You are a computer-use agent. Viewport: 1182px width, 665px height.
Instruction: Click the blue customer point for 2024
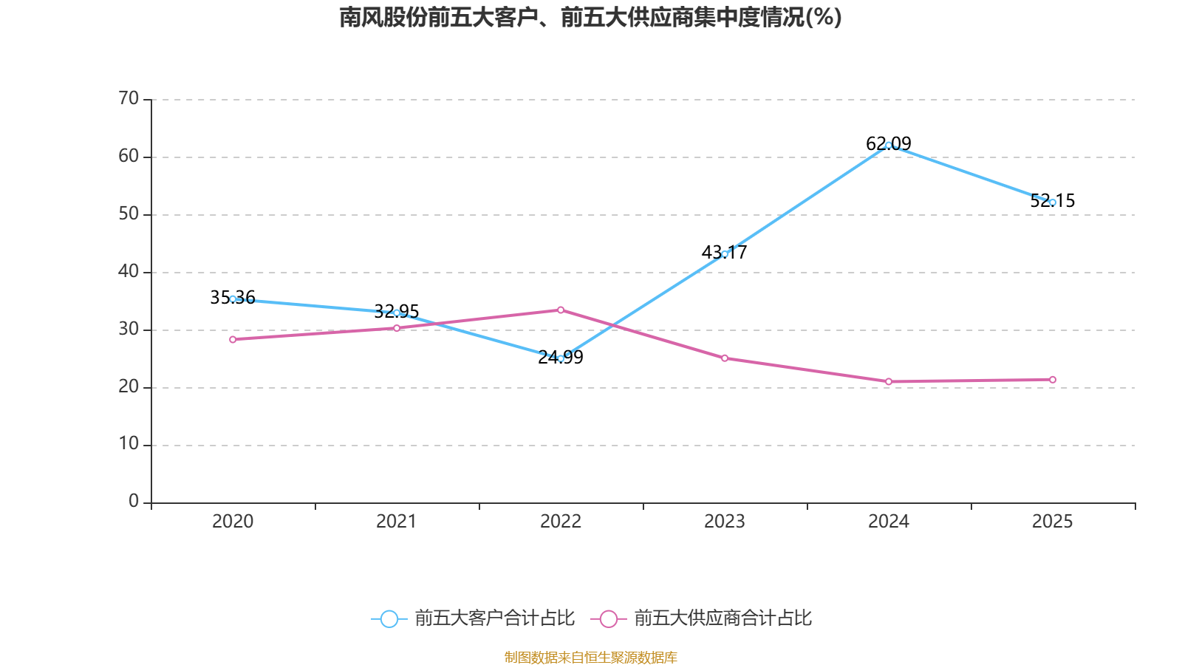(888, 145)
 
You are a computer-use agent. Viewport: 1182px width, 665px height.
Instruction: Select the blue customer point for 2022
(561, 358)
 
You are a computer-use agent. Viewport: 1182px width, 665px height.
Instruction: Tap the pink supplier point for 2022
(561, 310)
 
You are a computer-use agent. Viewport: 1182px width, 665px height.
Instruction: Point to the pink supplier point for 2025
(1053, 380)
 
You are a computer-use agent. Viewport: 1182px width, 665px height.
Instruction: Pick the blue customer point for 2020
(233, 299)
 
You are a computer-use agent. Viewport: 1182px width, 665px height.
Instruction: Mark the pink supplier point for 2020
(233, 339)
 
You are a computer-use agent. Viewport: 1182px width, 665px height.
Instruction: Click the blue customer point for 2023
(725, 254)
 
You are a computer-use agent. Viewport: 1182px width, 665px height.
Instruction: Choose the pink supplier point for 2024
(889, 381)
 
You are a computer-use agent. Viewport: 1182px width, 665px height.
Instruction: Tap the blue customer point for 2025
(1053, 202)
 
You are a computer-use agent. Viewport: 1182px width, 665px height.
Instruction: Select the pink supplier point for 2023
(725, 358)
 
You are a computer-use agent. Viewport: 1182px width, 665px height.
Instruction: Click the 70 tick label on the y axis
(129, 98)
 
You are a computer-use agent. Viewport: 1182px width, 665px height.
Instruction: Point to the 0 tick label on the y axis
(134, 501)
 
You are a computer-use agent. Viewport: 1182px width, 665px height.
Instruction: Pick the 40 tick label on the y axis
(129, 271)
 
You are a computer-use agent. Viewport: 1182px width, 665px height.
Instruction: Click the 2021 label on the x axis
(397, 522)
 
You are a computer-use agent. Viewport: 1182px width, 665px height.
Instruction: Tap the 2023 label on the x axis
(725, 522)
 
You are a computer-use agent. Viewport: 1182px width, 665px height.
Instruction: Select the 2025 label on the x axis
(1053, 522)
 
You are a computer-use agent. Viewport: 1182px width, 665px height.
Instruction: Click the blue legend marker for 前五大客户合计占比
(389, 618)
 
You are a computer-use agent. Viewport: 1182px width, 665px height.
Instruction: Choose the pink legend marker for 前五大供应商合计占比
(608, 618)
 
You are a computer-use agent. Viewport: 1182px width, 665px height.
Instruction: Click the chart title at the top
(590, 17)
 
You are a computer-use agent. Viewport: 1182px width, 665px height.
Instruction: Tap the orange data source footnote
(590, 657)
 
